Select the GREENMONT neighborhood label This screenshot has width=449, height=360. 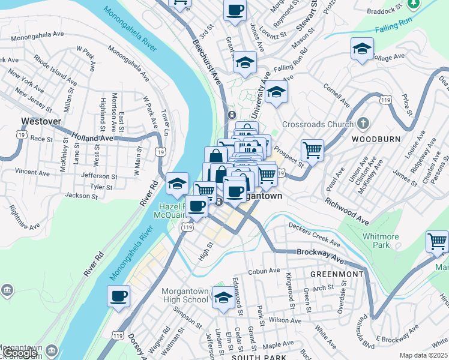pos(337,274)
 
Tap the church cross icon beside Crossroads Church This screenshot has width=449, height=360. pos(363,124)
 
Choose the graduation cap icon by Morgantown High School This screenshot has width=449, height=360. pos(223,297)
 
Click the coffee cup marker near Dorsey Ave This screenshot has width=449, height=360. pos(119,296)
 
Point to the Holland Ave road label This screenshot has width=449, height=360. pos(92,137)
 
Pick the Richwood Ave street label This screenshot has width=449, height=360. pos(346,209)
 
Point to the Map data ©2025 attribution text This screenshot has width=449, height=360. pos(424,355)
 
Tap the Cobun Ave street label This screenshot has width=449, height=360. pos(265,271)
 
